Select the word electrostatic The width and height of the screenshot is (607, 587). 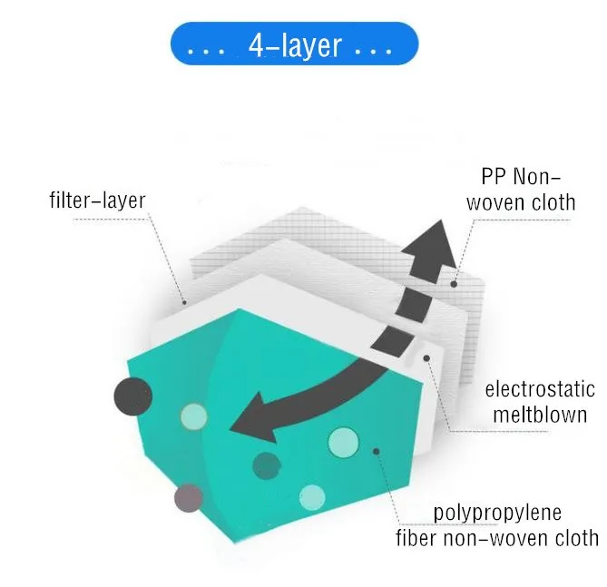pyautogui.click(x=540, y=390)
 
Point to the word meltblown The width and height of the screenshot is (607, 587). pyautogui.click(x=540, y=416)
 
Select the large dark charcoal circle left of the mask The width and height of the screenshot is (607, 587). pyautogui.click(x=132, y=396)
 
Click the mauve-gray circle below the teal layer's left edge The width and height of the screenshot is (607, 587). pyautogui.click(x=189, y=497)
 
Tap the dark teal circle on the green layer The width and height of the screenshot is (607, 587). pyautogui.click(x=267, y=465)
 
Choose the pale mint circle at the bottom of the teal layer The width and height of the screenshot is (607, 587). pyautogui.click(x=311, y=496)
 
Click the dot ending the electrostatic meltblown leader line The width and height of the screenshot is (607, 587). pyautogui.click(x=426, y=357)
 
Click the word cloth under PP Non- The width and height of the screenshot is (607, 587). pyautogui.click(x=548, y=201)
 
